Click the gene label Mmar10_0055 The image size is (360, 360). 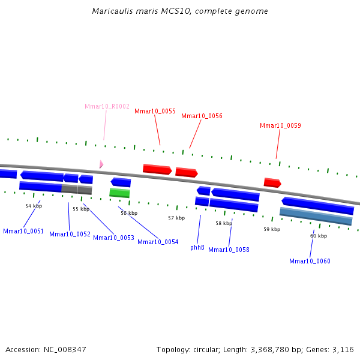[155, 111]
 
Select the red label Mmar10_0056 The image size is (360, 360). [202, 116]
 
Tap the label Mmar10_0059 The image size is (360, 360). [280, 125]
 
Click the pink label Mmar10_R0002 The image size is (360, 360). [107, 106]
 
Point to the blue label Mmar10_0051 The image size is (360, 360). [23, 231]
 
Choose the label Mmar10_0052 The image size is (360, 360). [70, 234]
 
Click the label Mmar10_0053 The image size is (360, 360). [113, 238]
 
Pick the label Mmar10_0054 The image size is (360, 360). [158, 242]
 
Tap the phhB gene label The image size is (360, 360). [197, 247]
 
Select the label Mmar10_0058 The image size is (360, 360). [229, 250]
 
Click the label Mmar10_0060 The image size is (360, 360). [310, 261]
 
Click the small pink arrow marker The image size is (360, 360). [101, 164]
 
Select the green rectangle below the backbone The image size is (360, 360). [119, 193]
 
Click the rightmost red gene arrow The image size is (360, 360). [272, 182]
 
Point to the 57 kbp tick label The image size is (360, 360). [176, 218]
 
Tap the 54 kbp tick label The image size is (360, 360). [34, 206]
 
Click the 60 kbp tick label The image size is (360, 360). [319, 236]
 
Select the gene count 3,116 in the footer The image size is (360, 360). [343, 349]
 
